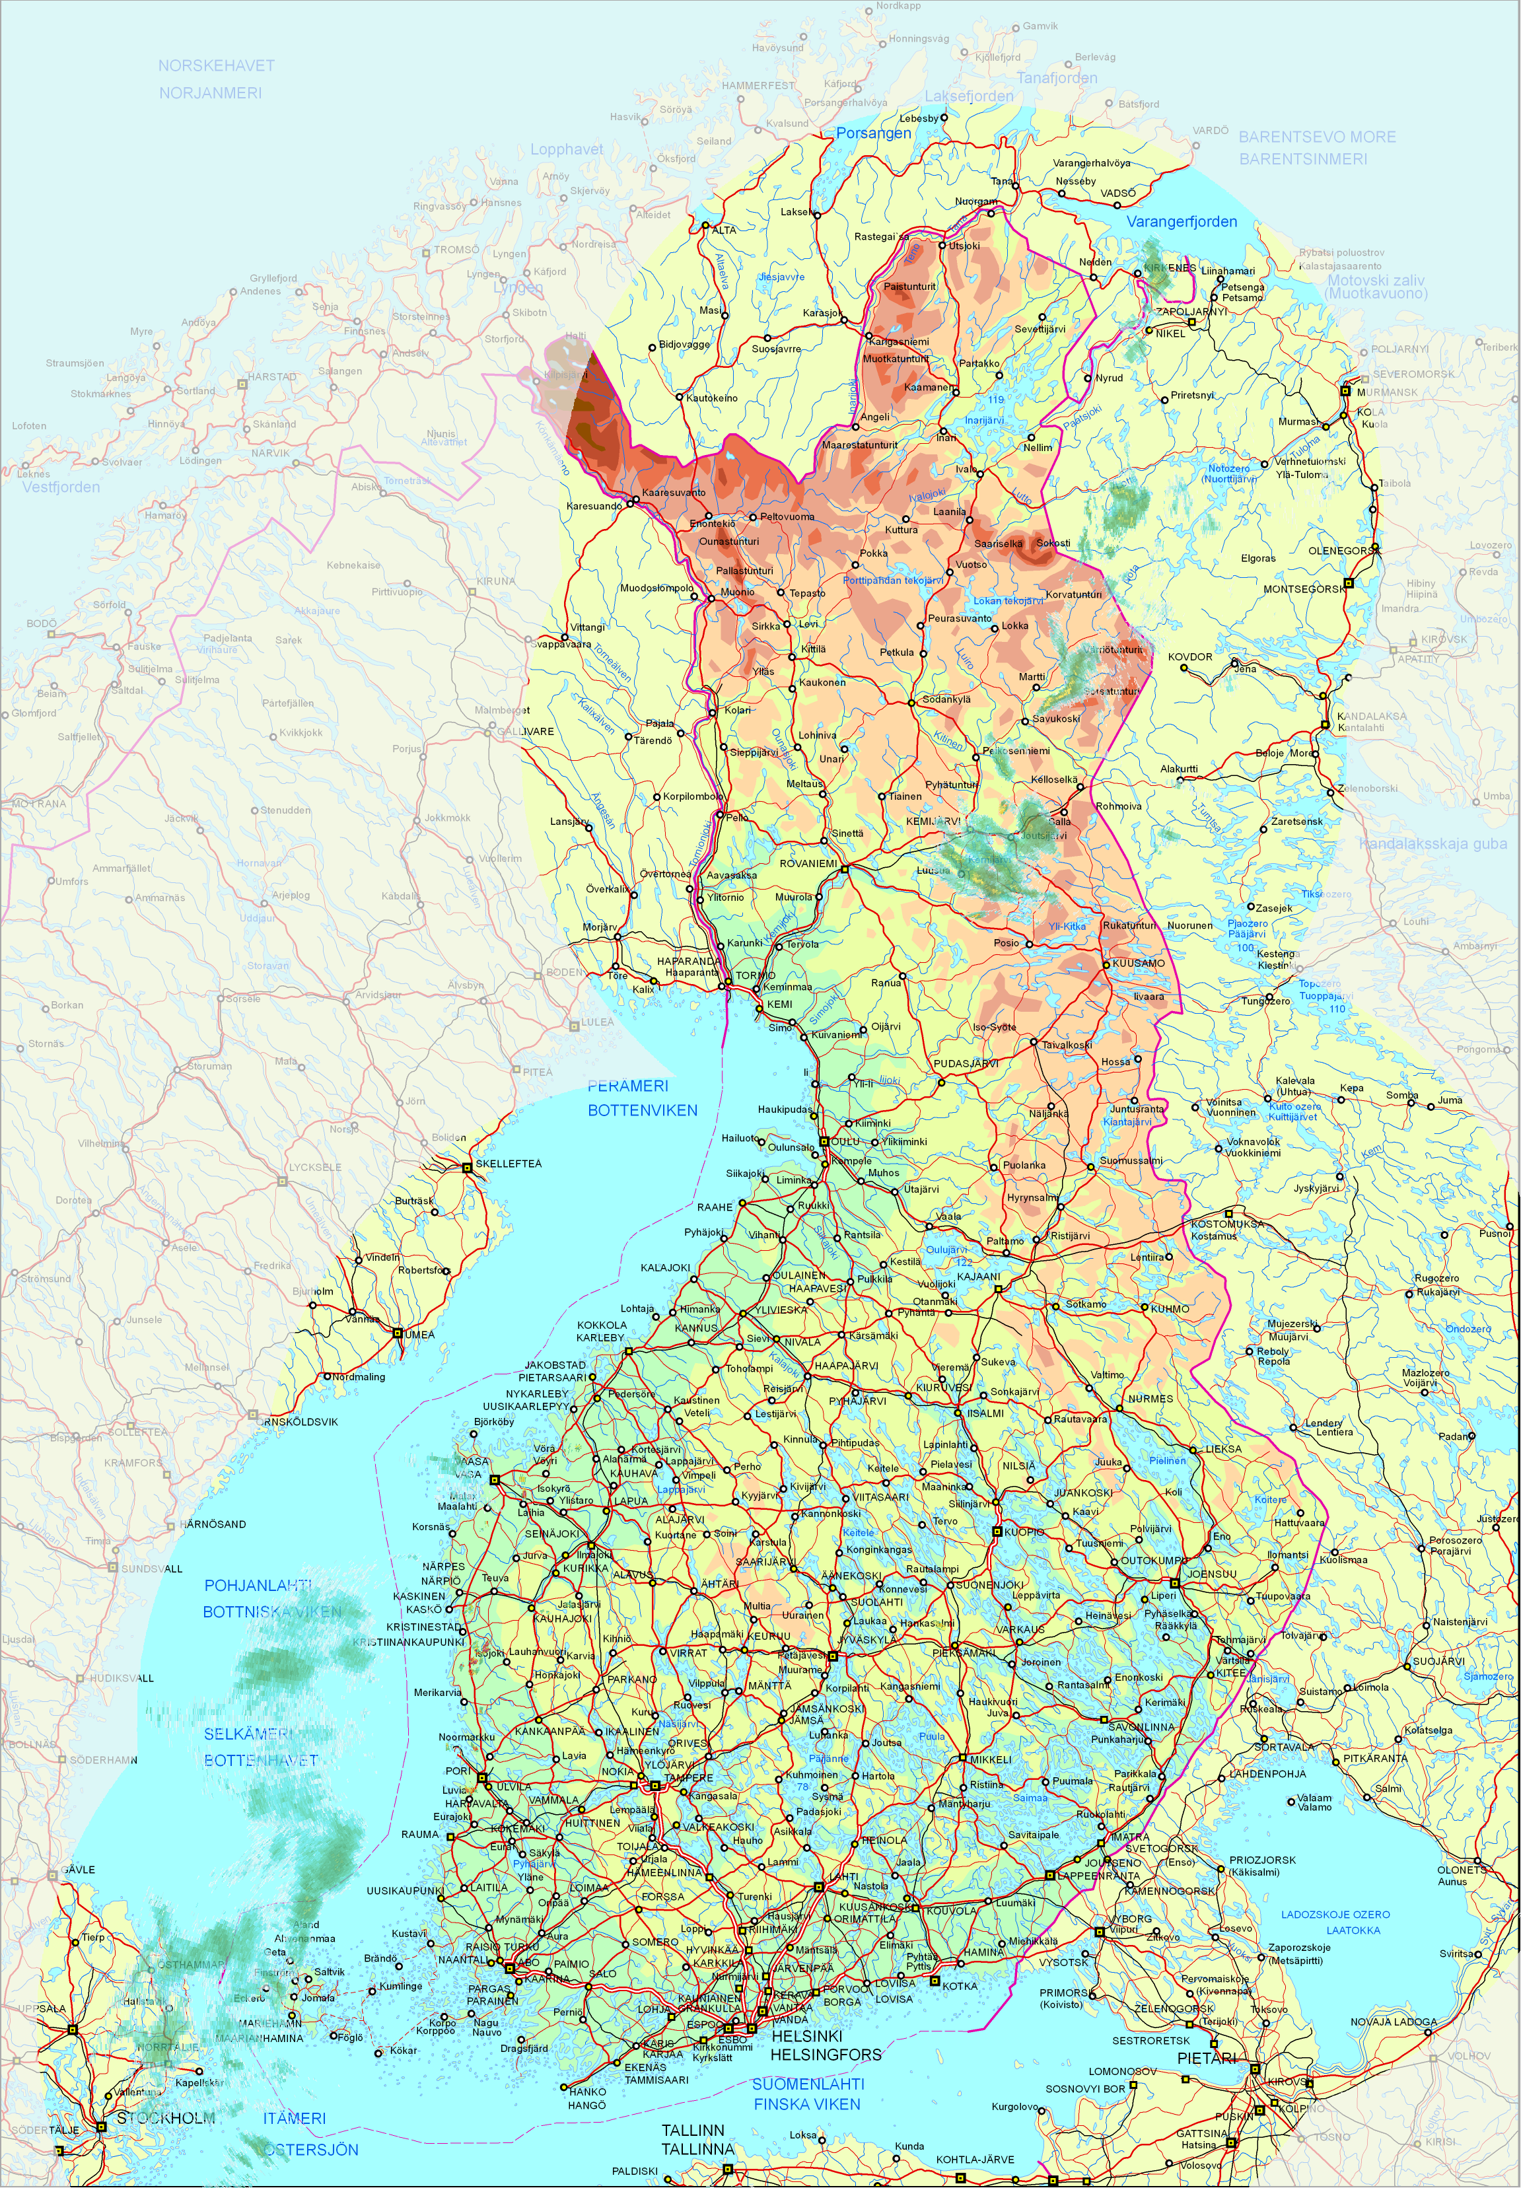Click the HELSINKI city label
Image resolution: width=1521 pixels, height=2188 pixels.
pos(806,2035)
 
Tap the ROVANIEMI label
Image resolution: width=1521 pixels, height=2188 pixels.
pos(808,863)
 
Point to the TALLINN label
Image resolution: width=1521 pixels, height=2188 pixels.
pos(693,2130)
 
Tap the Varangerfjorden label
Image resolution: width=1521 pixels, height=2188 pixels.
pos(1182,222)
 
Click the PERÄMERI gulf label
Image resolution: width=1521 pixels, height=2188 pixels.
pos(628,1086)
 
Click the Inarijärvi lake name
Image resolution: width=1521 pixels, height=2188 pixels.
pos(983,420)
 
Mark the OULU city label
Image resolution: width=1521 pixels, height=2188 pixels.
pos(845,1141)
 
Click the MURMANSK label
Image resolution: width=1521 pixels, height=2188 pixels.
pos(1387,392)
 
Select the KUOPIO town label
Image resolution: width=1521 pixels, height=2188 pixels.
pos(1024,1532)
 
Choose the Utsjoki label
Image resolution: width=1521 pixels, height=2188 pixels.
pos(964,246)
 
